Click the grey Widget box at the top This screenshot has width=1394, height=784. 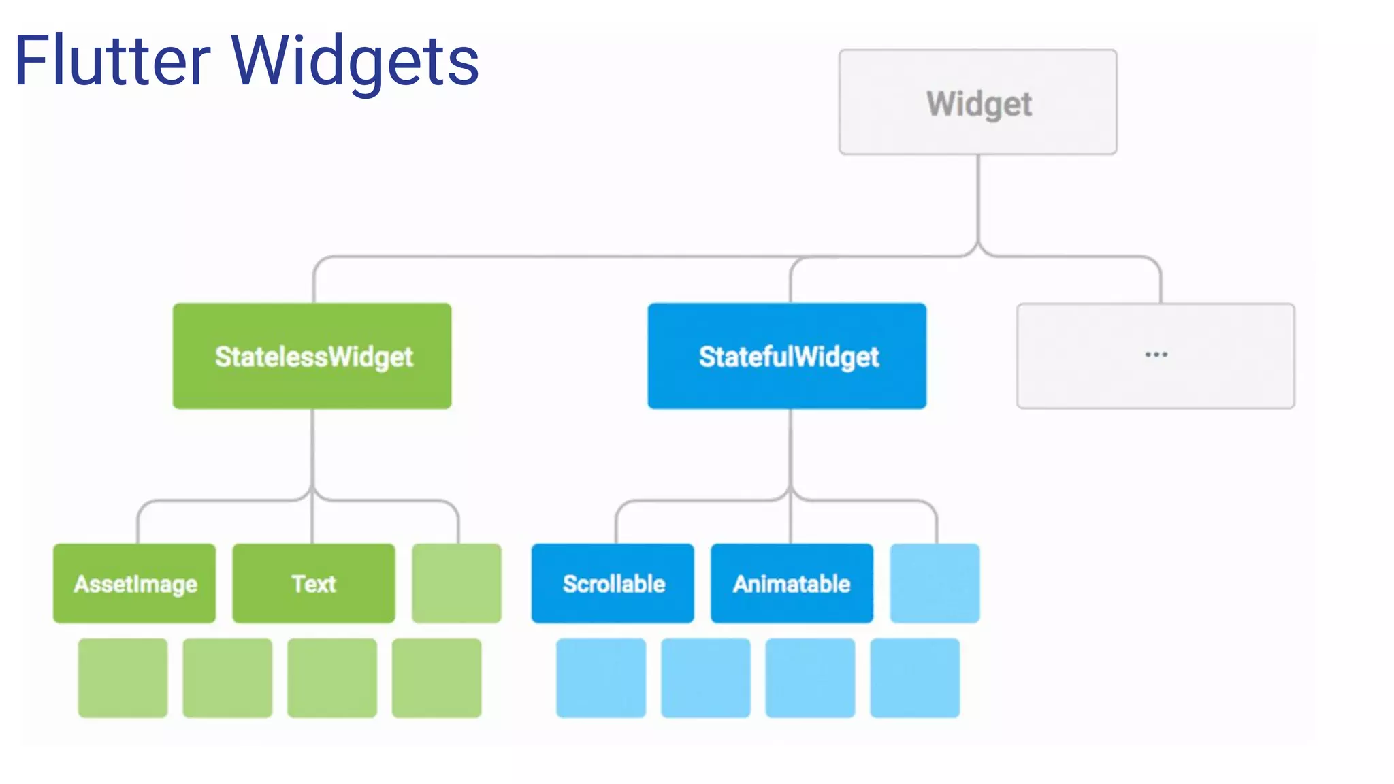click(977, 102)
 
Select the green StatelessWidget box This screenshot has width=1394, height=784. click(312, 356)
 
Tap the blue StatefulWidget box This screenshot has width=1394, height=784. click(787, 356)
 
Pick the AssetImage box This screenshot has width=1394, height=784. click(135, 583)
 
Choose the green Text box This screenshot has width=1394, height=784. click(314, 583)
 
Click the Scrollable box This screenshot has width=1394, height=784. click(613, 583)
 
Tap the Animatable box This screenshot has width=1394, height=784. click(792, 583)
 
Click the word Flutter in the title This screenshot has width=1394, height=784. click(112, 61)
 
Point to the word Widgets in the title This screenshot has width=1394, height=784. click(355, 61)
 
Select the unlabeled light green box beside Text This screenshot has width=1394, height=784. click(457, 583)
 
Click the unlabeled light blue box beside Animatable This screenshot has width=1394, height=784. click(935, 583)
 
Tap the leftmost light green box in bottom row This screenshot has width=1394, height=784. click(123, 678)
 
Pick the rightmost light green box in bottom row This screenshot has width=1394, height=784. click(436, 678)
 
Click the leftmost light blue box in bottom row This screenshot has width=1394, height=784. click(601, 678)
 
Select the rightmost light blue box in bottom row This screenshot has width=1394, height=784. click(915, 678)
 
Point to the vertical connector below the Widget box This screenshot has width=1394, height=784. click(978, 197)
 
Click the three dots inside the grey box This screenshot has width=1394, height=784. click(1156, 355)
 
